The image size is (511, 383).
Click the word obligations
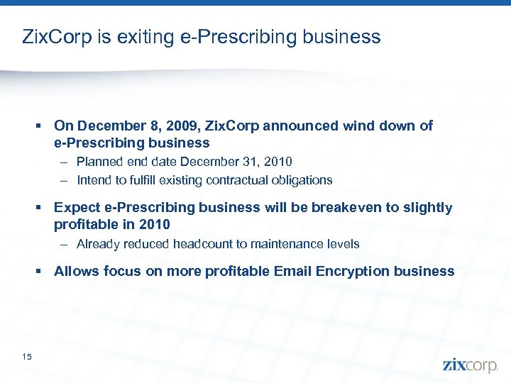302,180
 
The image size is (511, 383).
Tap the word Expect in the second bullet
76,208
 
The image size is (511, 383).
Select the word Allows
76,271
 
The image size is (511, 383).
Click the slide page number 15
27,356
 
